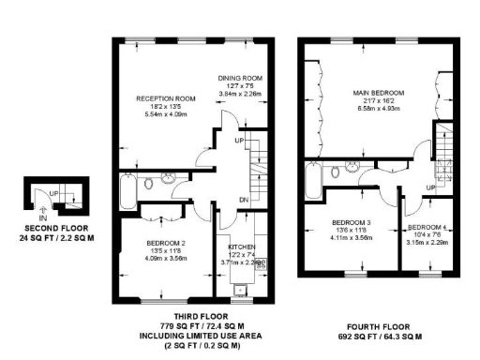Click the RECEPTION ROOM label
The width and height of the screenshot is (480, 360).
click(164, 97)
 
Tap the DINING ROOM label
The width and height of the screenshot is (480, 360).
click(238, 78)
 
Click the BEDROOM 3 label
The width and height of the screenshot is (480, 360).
click(352, 222)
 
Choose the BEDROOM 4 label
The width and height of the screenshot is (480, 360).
click(429, 228)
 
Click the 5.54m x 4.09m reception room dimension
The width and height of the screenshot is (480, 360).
click(164, 113)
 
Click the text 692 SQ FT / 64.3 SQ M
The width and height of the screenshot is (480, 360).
click(380, 335)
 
